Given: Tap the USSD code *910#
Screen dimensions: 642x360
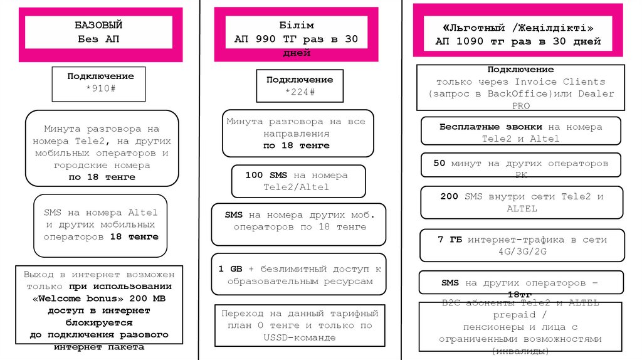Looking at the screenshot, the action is (100, 88).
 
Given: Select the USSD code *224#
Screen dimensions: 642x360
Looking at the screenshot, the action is (300, 92).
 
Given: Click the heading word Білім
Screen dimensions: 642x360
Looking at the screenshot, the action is (296, 26).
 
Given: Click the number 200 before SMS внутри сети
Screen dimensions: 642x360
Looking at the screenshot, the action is (450, 196).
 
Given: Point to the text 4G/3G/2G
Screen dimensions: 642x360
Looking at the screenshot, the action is (522, 251).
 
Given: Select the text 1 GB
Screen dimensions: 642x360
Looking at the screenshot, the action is (230, 268).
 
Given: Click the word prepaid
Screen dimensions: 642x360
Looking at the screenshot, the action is (513, 315).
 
